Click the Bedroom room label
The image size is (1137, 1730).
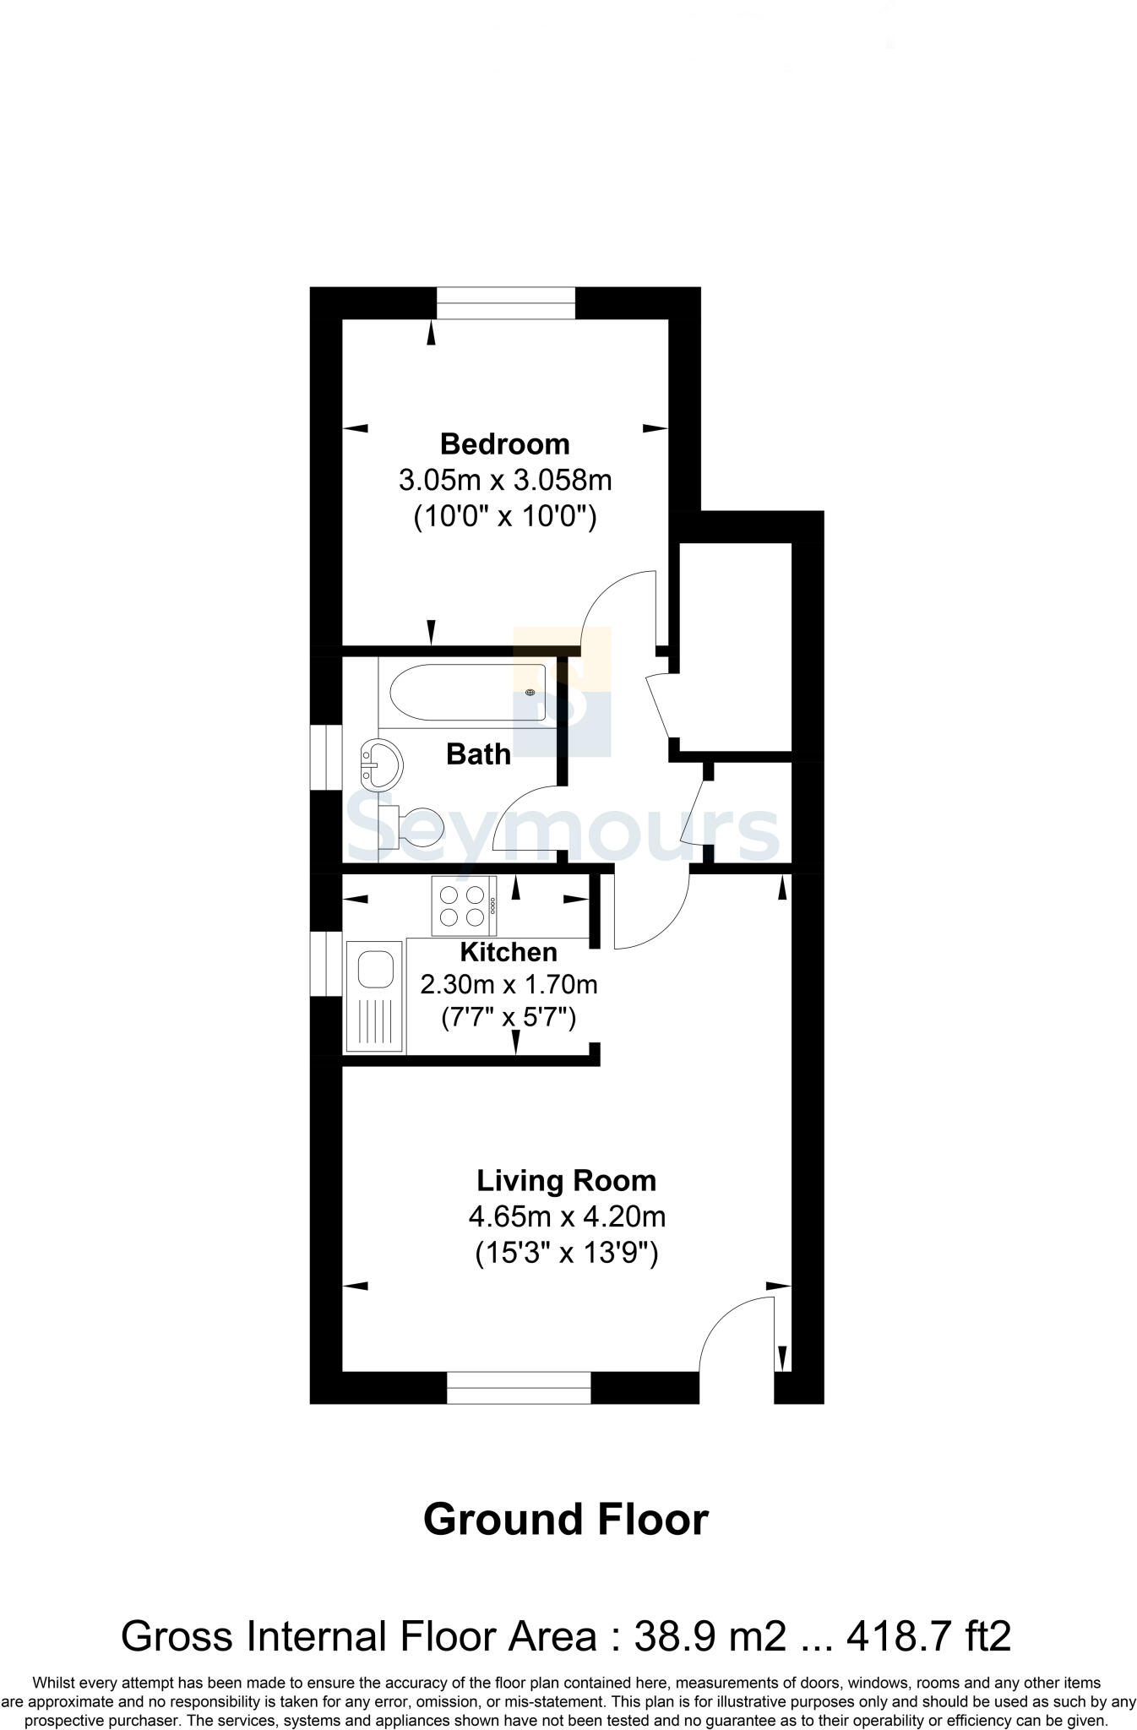(505, 443)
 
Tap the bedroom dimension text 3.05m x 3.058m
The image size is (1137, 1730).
(505, 480)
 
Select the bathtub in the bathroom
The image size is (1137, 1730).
(467, 692)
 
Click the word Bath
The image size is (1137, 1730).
(478, 753)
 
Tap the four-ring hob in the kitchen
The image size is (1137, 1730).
(464, 906)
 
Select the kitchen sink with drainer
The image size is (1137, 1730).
(374, 996)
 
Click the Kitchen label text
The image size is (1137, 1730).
(509, 952)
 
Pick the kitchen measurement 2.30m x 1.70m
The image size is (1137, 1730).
(509, 984)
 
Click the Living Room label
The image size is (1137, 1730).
(566, 1180)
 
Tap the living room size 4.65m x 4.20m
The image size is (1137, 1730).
(567, 1216)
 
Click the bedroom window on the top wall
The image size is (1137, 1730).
(505, 303)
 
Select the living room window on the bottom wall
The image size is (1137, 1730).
(519, 1387)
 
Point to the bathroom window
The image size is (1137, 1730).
(326, 757)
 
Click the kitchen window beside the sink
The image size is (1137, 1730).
(326, 964)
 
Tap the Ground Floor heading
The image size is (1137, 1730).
(565, 1520)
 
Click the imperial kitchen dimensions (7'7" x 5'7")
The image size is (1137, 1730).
(509, 1018)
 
